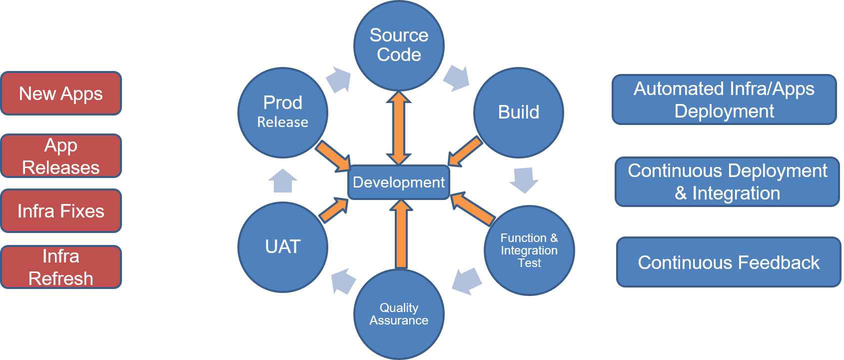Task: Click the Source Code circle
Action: pos(399,45)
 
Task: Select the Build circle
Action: pos(518,112)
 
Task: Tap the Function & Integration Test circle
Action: pos(529,250)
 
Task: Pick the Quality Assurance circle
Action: pos(399,314)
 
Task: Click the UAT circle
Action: pos(283,247)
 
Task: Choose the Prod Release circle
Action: pos(283,112)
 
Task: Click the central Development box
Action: pos(399,182)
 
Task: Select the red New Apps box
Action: pos(61,93)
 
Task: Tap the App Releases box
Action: pos(61,156)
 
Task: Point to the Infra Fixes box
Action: pos(61,211)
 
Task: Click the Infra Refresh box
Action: pos(61,267)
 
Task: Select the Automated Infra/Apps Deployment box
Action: pos(724,99)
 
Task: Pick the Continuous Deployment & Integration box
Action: pos(727,182)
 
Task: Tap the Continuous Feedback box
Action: pos(729,262)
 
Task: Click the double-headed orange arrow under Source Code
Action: pos(399,128)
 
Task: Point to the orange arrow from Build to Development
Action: pos(465,151)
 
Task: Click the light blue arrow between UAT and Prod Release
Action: pos(283,180)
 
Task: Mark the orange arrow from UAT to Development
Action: pos(334,209)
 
